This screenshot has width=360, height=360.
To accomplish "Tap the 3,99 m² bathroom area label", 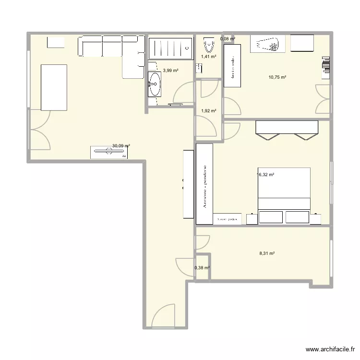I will coord(171,71).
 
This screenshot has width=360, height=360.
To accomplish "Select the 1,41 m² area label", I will coord(208,57).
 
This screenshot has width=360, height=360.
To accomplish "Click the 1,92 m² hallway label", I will coord(208,111).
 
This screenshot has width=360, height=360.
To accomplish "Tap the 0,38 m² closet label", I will coord(202,268).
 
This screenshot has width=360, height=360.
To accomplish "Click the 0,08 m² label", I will coord(228,39).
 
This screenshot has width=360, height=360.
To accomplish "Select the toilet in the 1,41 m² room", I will coord(209,46).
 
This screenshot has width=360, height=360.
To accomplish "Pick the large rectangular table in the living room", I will coord(54,87).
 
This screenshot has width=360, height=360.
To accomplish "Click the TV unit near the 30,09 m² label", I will coord(109,152).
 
